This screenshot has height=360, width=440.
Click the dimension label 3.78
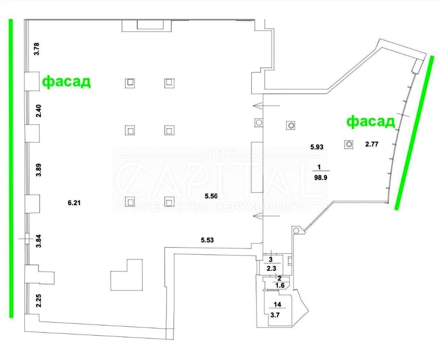coord(37,49)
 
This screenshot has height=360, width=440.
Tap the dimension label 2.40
coord(38,111)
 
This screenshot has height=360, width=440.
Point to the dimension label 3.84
coord(38,241)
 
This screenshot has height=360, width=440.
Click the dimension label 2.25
coord(38,301)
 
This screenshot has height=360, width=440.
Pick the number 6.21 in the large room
coord(74,203)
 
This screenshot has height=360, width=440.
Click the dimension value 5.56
coord(211,196)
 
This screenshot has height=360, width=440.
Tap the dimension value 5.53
coord(207,240)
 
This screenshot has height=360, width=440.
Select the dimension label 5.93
coord(317,147)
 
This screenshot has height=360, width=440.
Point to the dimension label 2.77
coord(371,144)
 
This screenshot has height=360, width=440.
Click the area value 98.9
coord(321,177)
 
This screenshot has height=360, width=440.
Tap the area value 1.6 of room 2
coord(280,286)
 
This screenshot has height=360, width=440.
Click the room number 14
coord(277,304)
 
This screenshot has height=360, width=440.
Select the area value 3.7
coord(275,315)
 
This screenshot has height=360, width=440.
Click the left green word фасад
coord(67,82)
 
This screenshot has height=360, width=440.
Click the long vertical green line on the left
coord(11,168)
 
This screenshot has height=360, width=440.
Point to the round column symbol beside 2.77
coord(349,144)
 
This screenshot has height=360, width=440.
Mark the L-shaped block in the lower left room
coord(127,275)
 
